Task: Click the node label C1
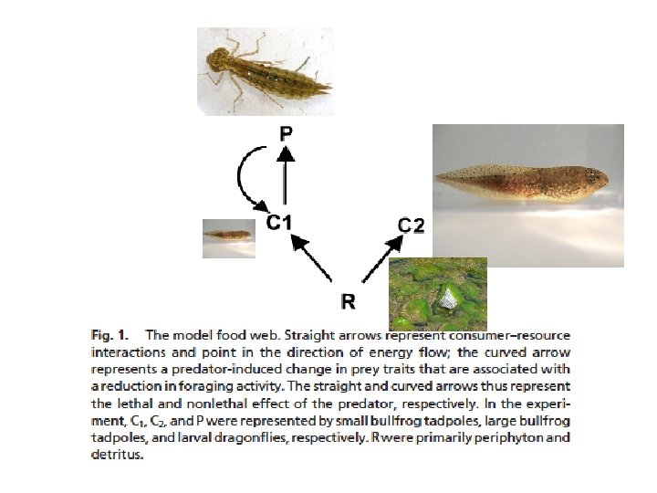pyautogui.click(x=278, y=222)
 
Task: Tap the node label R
pyautogui.click(x=348, y=300)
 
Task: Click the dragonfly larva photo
pyautogui.click(x=266, y=71)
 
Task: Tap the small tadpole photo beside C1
pyautogui.click(x=227, y=237)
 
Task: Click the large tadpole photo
pyautogui.click(x=527, y=194)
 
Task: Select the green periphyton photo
pyautogui.click(x=438, y=293)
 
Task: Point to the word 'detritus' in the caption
pyautogui.click(x=118, y=455)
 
